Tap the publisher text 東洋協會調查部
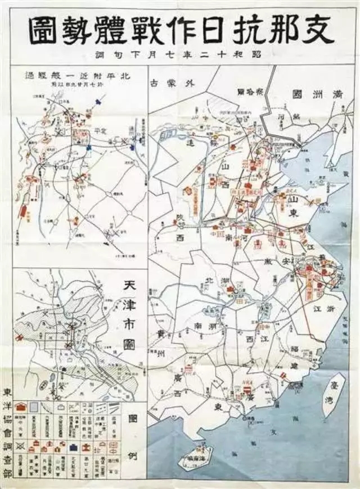click(x=7, y=433)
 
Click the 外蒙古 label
click(x=173, y=83)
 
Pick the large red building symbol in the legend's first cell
click(x=19, y=407)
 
